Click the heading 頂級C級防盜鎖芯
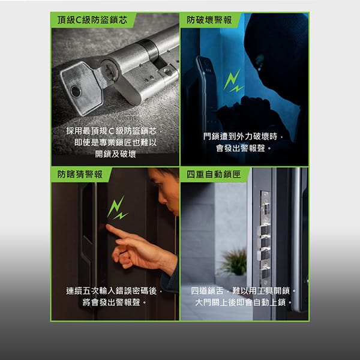[x=92, y=20]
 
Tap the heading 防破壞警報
[x=209, y=20]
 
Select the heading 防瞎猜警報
[x=80, y=174]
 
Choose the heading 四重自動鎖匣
[x=214, y=174]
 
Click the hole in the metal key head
[x=76, y=91]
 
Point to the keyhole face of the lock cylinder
[x=110, y=71]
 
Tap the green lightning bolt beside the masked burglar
[x=233, y=81]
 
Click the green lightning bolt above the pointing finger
[x=117, y=208]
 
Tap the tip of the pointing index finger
[x=107, y=226]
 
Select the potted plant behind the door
[x=233, y=262]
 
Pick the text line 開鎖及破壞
[x=115, y=154]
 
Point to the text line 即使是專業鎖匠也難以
[x=115, y=143]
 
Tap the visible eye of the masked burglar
[x=259, y=61]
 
